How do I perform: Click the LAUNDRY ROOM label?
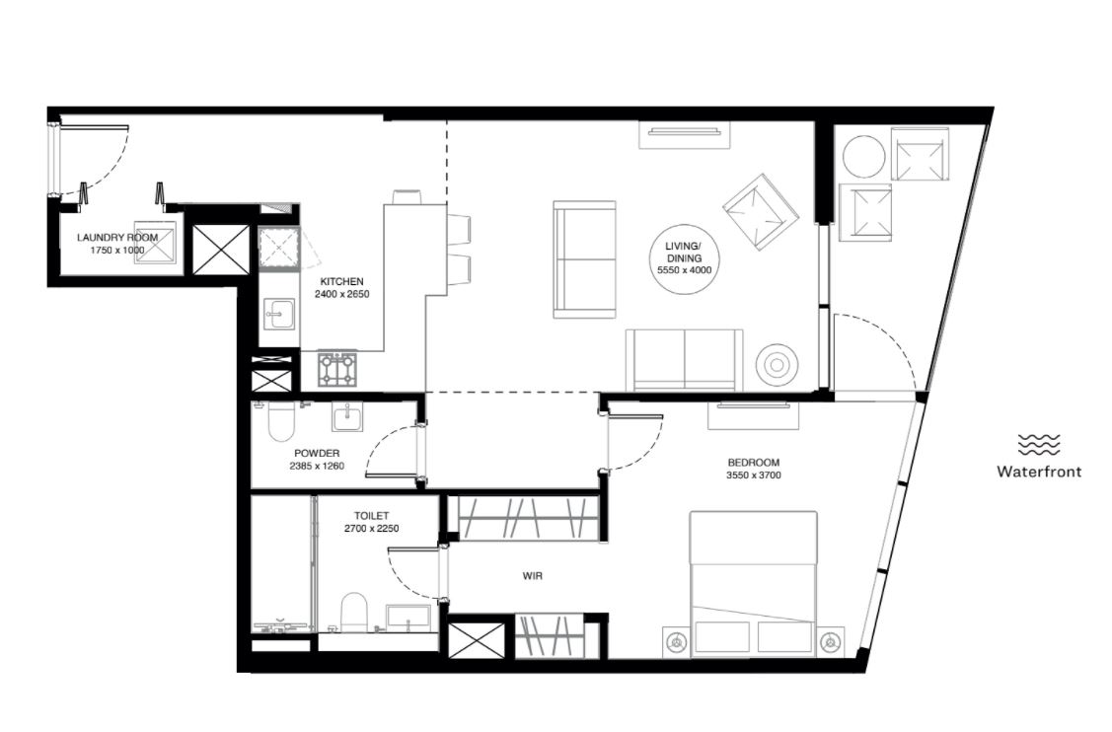pyautogui.click(x=117, y=238)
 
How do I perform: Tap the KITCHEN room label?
pyautogui.click(x=341, y=281)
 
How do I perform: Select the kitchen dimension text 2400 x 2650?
pyautogui.click(x=341, y=294)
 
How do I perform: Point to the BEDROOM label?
pyautogui.click(x=753, y=463)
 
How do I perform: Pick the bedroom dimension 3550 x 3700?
pyautogui.click(x=753, y=476)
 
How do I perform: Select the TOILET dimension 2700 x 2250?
pyautogui.click(x=372, y=529)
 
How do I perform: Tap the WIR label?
pyautogui.click(x=533, y=576)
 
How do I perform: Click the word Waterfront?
pyautogui.click(x=1039, y=471)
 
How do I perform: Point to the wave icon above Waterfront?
pyautogui.click(x=1039, y=445)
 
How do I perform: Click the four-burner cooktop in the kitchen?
pyautogui.click(x=336, y=369)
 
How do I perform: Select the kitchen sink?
pyautogui.click(x=278, y=314)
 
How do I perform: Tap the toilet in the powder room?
pyautogui.click(x=281, y=422)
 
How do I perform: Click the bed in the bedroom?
pyautogui.click(x=753, y=582)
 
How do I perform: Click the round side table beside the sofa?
pyautogui.click(x=778, y=365)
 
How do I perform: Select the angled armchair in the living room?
pyautogui.click(x=761, y=212)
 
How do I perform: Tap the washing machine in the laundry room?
pyautogui.click(x=155, y=249)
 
